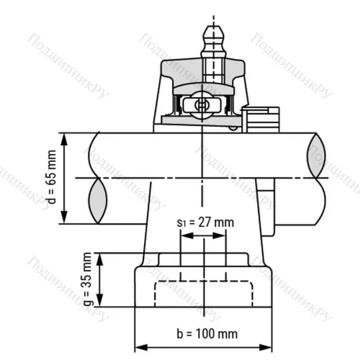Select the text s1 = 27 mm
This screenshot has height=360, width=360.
206,222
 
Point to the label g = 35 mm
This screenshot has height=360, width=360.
89,279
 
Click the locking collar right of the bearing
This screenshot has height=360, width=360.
260,119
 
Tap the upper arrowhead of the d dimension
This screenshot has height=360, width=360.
66,138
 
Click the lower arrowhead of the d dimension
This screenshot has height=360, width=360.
66,220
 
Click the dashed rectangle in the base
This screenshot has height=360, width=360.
205,292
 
